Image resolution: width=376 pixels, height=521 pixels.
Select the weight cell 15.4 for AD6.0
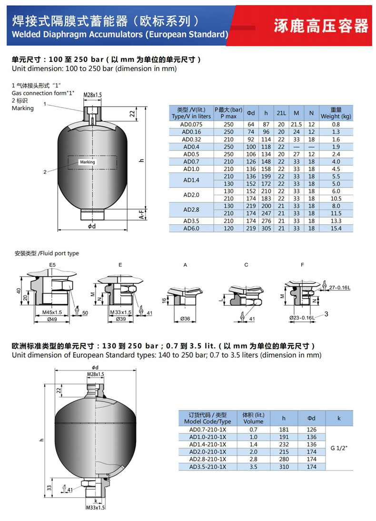pyautogui.click(x=336, y=229)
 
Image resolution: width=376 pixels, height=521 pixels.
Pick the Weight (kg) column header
pyautogui.click(x=336, y=113)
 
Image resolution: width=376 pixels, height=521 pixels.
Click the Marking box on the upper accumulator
pyautogui.click(x=88, y=162)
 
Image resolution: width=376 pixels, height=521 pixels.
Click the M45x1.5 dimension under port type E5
pyautogui.click(x=49, y=312)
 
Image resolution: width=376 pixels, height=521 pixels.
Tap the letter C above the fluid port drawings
pyautogui.click(x=246, y=264)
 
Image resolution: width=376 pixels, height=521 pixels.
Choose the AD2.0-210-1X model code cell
pyautogui.click(x=208, y=451)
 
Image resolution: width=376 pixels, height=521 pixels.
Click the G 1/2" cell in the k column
pyautogui.click(x=339, y=448)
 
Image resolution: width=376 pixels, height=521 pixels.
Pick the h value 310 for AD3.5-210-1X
pyautogui.click(x=284, y=467)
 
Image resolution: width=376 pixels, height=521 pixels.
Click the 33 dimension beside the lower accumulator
pyautogui.click(x=49, y=488)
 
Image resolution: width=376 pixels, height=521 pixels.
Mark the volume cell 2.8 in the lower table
pyautogui.click(x=253, y=459)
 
